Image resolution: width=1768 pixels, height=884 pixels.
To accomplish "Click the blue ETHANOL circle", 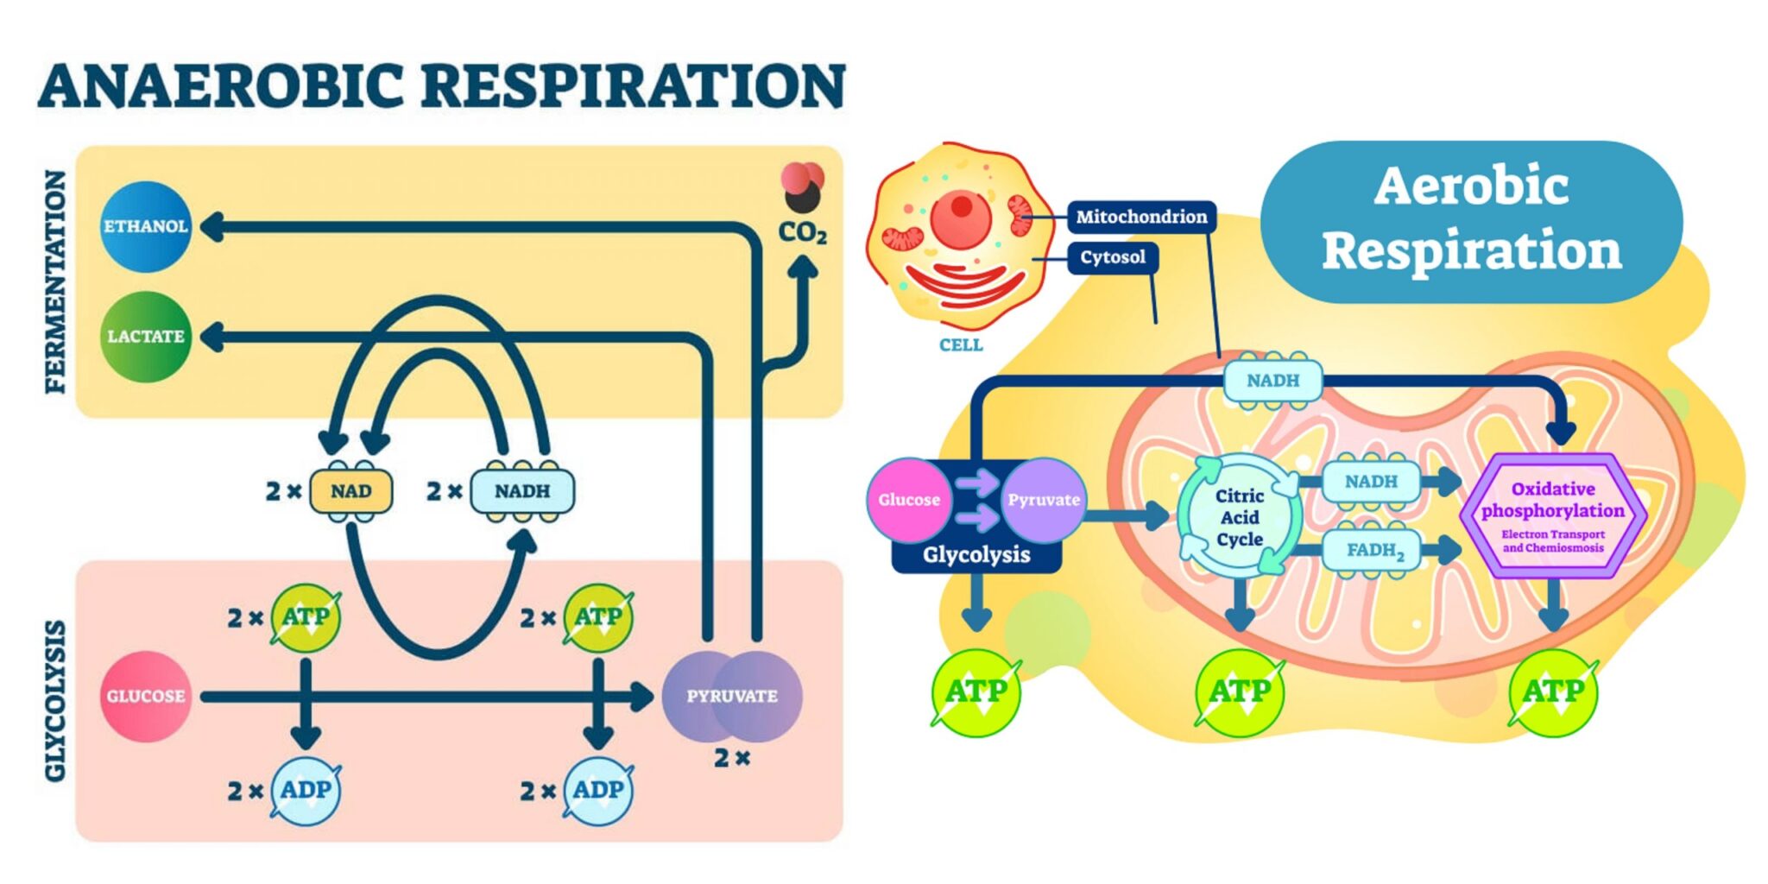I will tap(145, 226).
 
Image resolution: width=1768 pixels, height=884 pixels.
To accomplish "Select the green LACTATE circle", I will tap(145, 336).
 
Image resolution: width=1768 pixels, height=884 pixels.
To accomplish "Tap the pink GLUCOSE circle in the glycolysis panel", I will tap(145, 696).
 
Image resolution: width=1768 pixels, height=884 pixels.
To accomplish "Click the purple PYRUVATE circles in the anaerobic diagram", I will tap(732, 696).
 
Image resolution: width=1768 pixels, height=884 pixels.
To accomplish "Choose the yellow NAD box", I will tap(350, 491).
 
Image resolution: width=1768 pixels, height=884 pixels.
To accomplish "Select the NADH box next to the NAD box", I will tap(521, 491).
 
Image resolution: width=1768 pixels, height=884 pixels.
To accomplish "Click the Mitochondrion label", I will tap(1140, 217).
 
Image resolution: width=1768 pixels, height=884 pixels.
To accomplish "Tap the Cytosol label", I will tap(1112, 257).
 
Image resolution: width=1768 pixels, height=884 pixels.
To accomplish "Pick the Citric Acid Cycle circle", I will tap(1240, 517).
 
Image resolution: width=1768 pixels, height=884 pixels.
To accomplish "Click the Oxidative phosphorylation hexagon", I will tap(1552, 515).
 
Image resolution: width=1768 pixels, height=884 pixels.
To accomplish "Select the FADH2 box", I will tap(1374, 550).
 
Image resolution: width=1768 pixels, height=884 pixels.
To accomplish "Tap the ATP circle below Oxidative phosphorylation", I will tap(1552, 692).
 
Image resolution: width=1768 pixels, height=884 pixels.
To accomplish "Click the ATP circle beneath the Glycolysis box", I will tap(976, 692).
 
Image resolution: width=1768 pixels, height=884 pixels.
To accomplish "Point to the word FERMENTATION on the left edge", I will tap(55, 281).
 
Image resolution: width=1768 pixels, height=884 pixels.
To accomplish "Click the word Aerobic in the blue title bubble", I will tap(1471, 186).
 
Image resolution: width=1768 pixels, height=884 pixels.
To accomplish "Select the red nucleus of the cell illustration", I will tap(960, 216).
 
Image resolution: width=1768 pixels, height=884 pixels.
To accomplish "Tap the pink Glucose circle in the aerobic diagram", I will tap(908, 500).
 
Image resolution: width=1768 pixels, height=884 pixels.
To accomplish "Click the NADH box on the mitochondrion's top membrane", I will tap(1272, 381).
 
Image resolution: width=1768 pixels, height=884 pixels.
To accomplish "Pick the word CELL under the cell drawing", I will tap(960, 345).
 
